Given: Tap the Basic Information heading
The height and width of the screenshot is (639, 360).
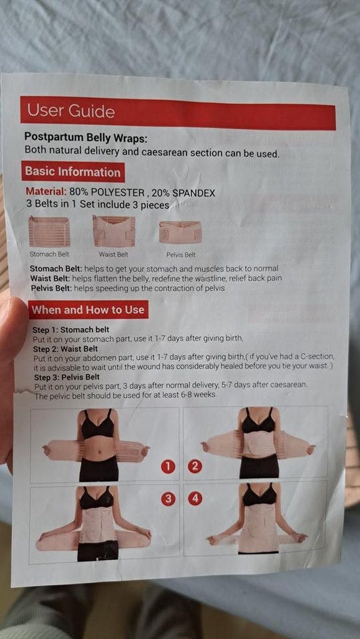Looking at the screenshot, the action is [73, 172].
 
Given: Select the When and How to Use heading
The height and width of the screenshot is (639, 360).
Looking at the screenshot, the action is [88, 310].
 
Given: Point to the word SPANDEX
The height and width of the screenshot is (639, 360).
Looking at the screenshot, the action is [194, 193].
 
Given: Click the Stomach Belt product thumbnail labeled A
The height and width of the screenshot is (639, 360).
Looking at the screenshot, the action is [49, 232].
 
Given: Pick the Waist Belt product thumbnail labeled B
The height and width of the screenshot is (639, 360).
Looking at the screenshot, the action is [114, 231].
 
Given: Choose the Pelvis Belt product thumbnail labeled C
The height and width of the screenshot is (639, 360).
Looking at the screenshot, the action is [180, 232].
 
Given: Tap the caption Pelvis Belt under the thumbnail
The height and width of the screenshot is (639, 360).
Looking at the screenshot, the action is [181, 255].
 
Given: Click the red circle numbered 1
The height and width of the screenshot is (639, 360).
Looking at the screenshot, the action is [168, 466].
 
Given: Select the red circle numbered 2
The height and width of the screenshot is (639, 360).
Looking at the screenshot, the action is [195, 466].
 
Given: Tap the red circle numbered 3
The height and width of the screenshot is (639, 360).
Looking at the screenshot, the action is [168, 498].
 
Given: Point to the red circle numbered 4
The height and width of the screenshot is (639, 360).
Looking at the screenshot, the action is [195, 498].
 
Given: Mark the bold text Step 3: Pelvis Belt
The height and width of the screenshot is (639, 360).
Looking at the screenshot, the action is [67, 377].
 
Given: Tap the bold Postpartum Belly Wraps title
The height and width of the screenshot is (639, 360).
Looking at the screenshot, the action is [86, 137].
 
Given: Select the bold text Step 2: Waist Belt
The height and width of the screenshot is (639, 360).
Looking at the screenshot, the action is [65, 349].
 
